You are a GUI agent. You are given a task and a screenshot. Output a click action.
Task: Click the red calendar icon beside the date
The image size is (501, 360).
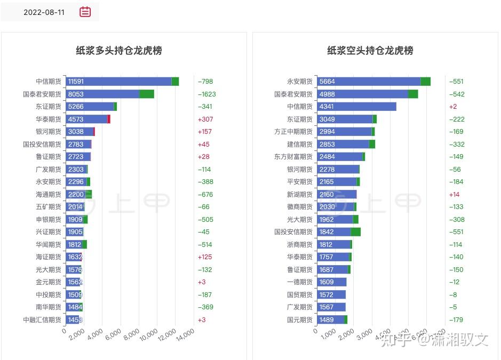click(85, 12)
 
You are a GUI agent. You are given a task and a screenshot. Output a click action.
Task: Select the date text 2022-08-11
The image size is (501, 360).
click(44, 12)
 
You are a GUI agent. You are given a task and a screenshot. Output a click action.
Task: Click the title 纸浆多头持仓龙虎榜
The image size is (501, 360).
click(119, 51)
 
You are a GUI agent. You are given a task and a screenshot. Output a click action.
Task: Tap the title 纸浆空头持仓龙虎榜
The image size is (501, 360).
click(370, 51)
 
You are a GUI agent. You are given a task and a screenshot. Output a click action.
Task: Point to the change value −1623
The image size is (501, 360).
click(206, 94)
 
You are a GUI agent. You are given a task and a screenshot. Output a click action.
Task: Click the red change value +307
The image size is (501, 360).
click(205, 119)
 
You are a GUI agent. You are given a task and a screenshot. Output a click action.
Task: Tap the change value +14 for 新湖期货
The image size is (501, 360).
click(454, 194)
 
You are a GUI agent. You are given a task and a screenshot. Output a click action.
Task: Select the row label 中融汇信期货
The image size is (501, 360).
click(42, 319)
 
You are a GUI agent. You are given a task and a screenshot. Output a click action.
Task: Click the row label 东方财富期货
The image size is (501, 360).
click(293, 157)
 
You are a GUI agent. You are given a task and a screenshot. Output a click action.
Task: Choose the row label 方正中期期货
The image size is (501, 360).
click(293, 132)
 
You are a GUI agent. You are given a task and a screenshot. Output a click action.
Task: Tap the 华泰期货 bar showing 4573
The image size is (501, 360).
click(88, 119)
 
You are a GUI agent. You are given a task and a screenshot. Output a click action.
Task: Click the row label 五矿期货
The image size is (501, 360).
click(49, 207)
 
